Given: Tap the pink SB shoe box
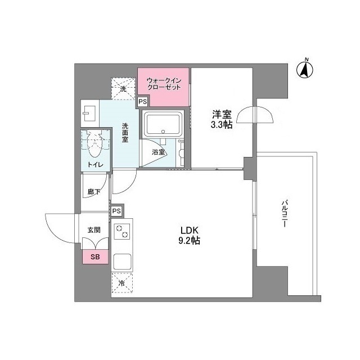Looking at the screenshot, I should (x=95, y=257).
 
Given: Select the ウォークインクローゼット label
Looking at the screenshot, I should (x=164, y=84).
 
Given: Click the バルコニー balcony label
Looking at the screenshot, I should (x=285, y=213).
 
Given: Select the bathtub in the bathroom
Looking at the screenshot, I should (x=163, y=124).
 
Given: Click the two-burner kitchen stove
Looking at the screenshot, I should (x=122, y=231).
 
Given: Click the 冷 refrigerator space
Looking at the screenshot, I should (x=122, y=283).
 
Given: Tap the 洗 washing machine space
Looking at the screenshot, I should (x=123, y=88).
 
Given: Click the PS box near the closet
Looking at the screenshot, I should (x=143, y=102).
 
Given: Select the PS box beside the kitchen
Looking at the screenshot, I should (x=116, y=210).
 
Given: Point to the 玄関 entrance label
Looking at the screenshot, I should (x=93, y=229).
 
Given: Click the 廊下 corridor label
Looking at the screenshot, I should (x=94, y=192).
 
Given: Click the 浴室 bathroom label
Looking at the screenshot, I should (x=158, y=152).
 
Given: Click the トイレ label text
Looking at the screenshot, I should (x=93, y=165).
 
